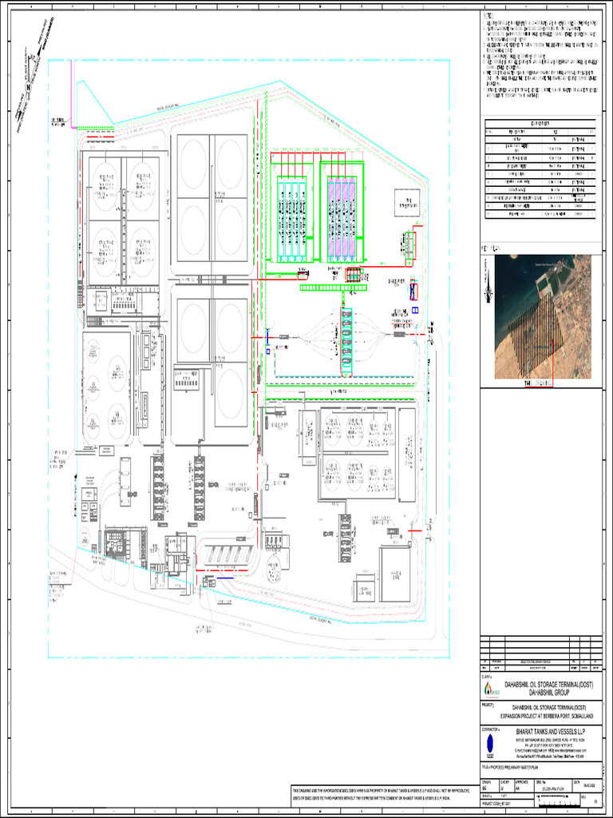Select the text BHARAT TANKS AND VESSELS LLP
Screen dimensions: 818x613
(550, 731)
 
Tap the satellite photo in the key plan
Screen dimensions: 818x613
(543, 316)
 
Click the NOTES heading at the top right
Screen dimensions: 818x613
(488, 15)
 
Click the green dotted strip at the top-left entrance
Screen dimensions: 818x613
(96, 128)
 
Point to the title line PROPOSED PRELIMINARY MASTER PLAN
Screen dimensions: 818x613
(527, 766)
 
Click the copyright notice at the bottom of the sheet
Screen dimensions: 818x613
(383, 793)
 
